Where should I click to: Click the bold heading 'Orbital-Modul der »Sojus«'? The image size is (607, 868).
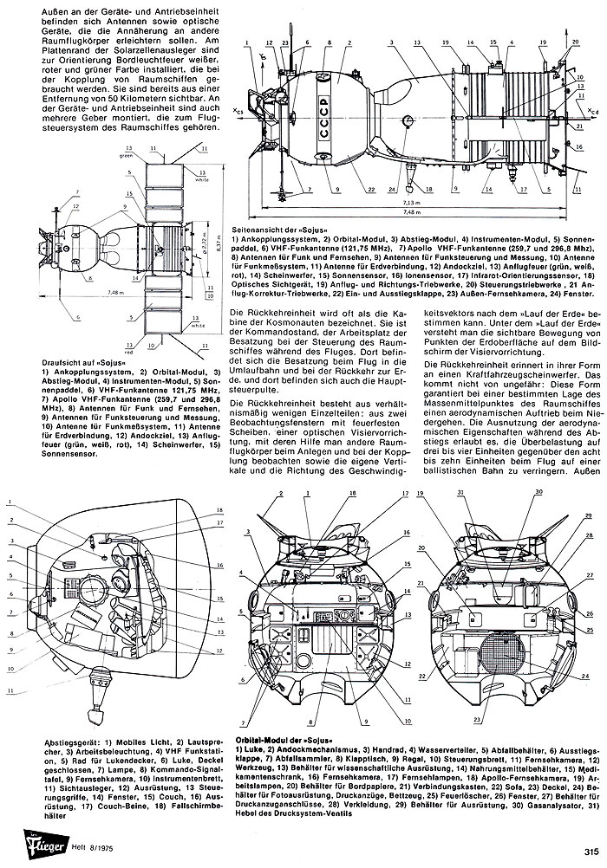(287, 741)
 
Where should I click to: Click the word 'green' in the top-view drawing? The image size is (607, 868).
(125, 156)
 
